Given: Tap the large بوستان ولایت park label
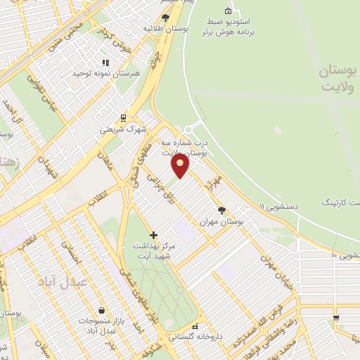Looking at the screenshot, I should (x=319, y=79).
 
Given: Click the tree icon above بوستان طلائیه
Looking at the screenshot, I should (x=166, y=18).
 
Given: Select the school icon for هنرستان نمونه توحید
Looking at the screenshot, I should (x=106, y=62).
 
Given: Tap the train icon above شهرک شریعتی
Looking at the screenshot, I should (x=124, y=117).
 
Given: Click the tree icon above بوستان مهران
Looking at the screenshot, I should (x=223, y=210).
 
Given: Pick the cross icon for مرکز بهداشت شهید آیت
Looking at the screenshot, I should (x=154, y=234).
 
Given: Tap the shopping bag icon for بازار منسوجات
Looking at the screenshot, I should (x=103, y=310).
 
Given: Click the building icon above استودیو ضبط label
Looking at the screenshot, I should (x=227, y=11).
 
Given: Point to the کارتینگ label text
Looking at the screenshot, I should (x=340, y=202).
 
